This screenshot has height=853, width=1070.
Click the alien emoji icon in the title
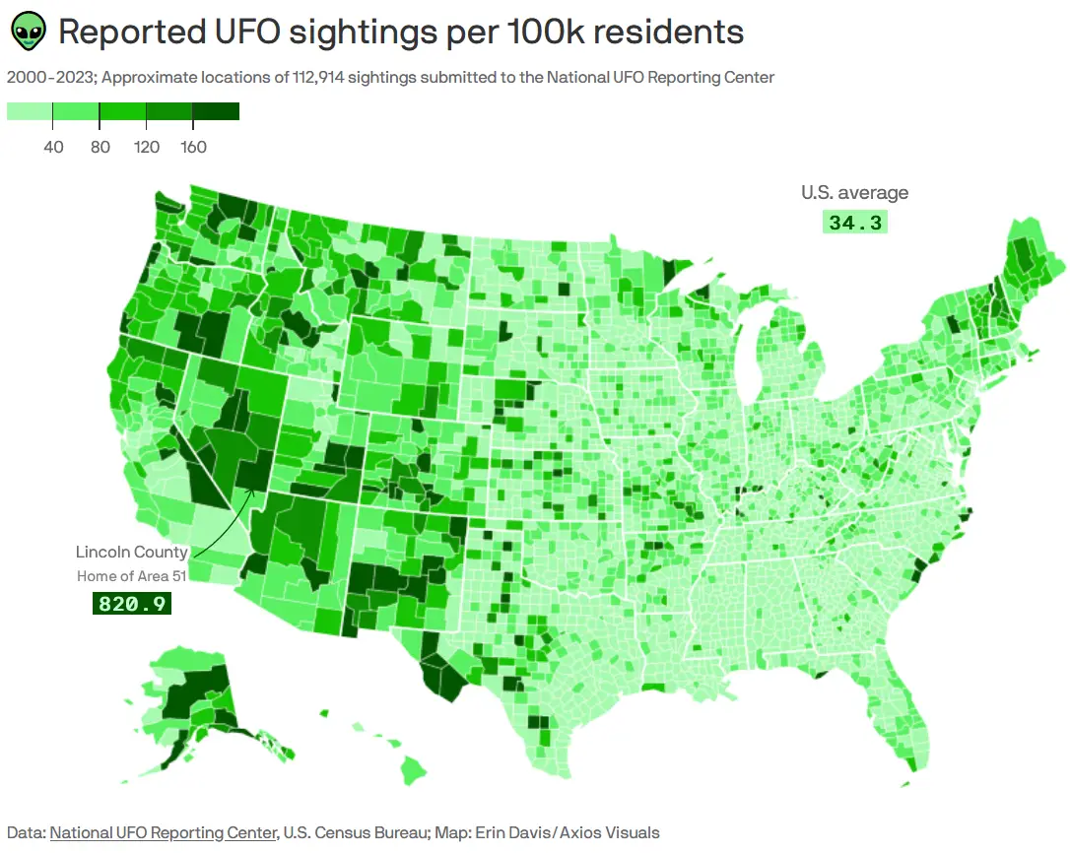pyautogui.click(x=29, y=33)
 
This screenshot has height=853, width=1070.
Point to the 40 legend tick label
pyautogui.click(x=53, y=148)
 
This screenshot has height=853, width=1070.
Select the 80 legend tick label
pyautogui.click(x=100, y=148)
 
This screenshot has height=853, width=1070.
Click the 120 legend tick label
pyautogui.click(x=146, y=148)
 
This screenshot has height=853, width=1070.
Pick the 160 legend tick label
pyautogui.click(x=193, y=148)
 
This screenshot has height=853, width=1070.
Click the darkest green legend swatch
pyautogui.click(x=216, y=111)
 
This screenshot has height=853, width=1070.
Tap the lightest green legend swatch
pyautogui.click(x=30, y=111)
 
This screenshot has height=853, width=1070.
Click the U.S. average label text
pyautogui.click(x=854, y=193)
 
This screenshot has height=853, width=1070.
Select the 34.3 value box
pyautogui.click(x=855, y=223)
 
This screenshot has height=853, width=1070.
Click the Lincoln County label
pyautogui.click(x=131, y=552)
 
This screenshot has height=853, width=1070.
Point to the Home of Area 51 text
pyautogui.click(x=132, y=575)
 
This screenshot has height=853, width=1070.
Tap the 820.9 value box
pyautogui.click(x=131, y=603)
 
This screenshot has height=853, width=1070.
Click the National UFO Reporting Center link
pyautogui.click(x=163, y=832)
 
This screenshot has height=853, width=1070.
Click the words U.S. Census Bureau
pyautogui.click(x=354, y=832)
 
